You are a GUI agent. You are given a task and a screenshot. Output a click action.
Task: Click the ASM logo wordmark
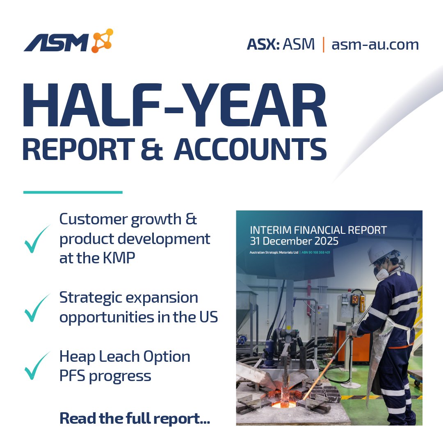pos(56,43)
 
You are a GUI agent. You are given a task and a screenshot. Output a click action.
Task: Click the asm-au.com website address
pos(375,44)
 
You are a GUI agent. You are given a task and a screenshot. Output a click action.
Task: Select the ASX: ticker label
pos(263,44)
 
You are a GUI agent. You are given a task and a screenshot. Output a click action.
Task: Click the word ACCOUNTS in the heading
pos(250,150)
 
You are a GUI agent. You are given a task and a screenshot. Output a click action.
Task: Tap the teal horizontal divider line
pos(73,192)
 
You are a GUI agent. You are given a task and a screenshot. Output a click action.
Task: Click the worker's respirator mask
pos(382,273)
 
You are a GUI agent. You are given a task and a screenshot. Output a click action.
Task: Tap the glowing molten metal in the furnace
pos(283,404)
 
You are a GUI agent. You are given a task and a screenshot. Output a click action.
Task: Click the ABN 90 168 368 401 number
pos(316,253)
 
